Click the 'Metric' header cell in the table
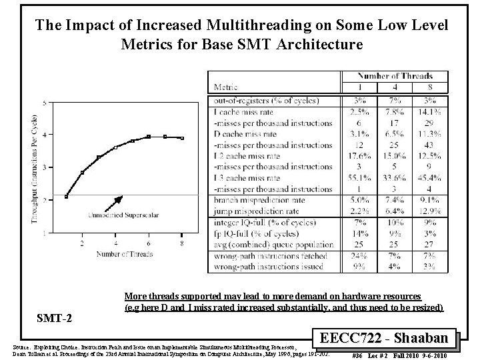coord(227,87)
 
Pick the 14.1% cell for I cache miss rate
coord(433,112)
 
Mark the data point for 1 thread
coord(66,197)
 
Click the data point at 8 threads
coord(182,138)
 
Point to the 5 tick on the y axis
coord(43,103)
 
